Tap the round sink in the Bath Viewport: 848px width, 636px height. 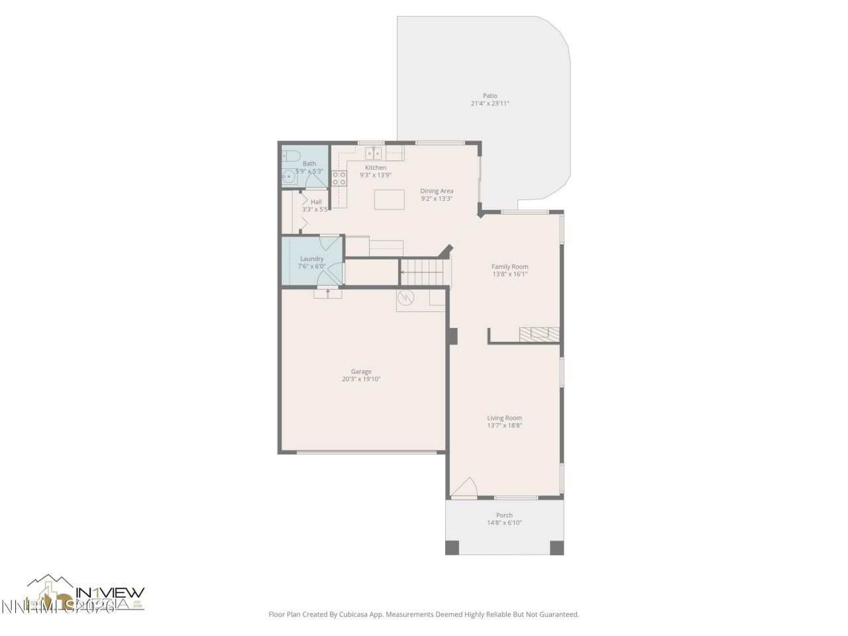(x=288, y=176)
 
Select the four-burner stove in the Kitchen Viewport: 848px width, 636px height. (x=339, y=178)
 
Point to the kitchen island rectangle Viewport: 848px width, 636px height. (x=389, y=199)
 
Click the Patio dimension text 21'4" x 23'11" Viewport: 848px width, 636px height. (x=490, y=103)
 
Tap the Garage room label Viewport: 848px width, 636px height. (x=361, y=371)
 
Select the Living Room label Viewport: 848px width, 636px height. (x=504, y=418)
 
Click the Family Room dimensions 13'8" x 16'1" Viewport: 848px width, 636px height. (x=509, y=274)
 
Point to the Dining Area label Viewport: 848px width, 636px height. (x=437, y=191)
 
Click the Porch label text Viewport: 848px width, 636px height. (x=504, y=515)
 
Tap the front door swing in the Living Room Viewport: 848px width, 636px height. (x=464, y=488)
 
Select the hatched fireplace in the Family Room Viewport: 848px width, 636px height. (x=539, y=333)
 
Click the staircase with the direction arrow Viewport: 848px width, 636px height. (x=425, y=272)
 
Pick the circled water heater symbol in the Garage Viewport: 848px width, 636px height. (x=405, y=299)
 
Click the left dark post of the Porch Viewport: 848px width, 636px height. (x=451, y=548)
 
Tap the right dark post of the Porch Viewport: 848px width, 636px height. (x=557, y=548)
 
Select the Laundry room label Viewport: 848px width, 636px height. (x=311, y=258)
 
